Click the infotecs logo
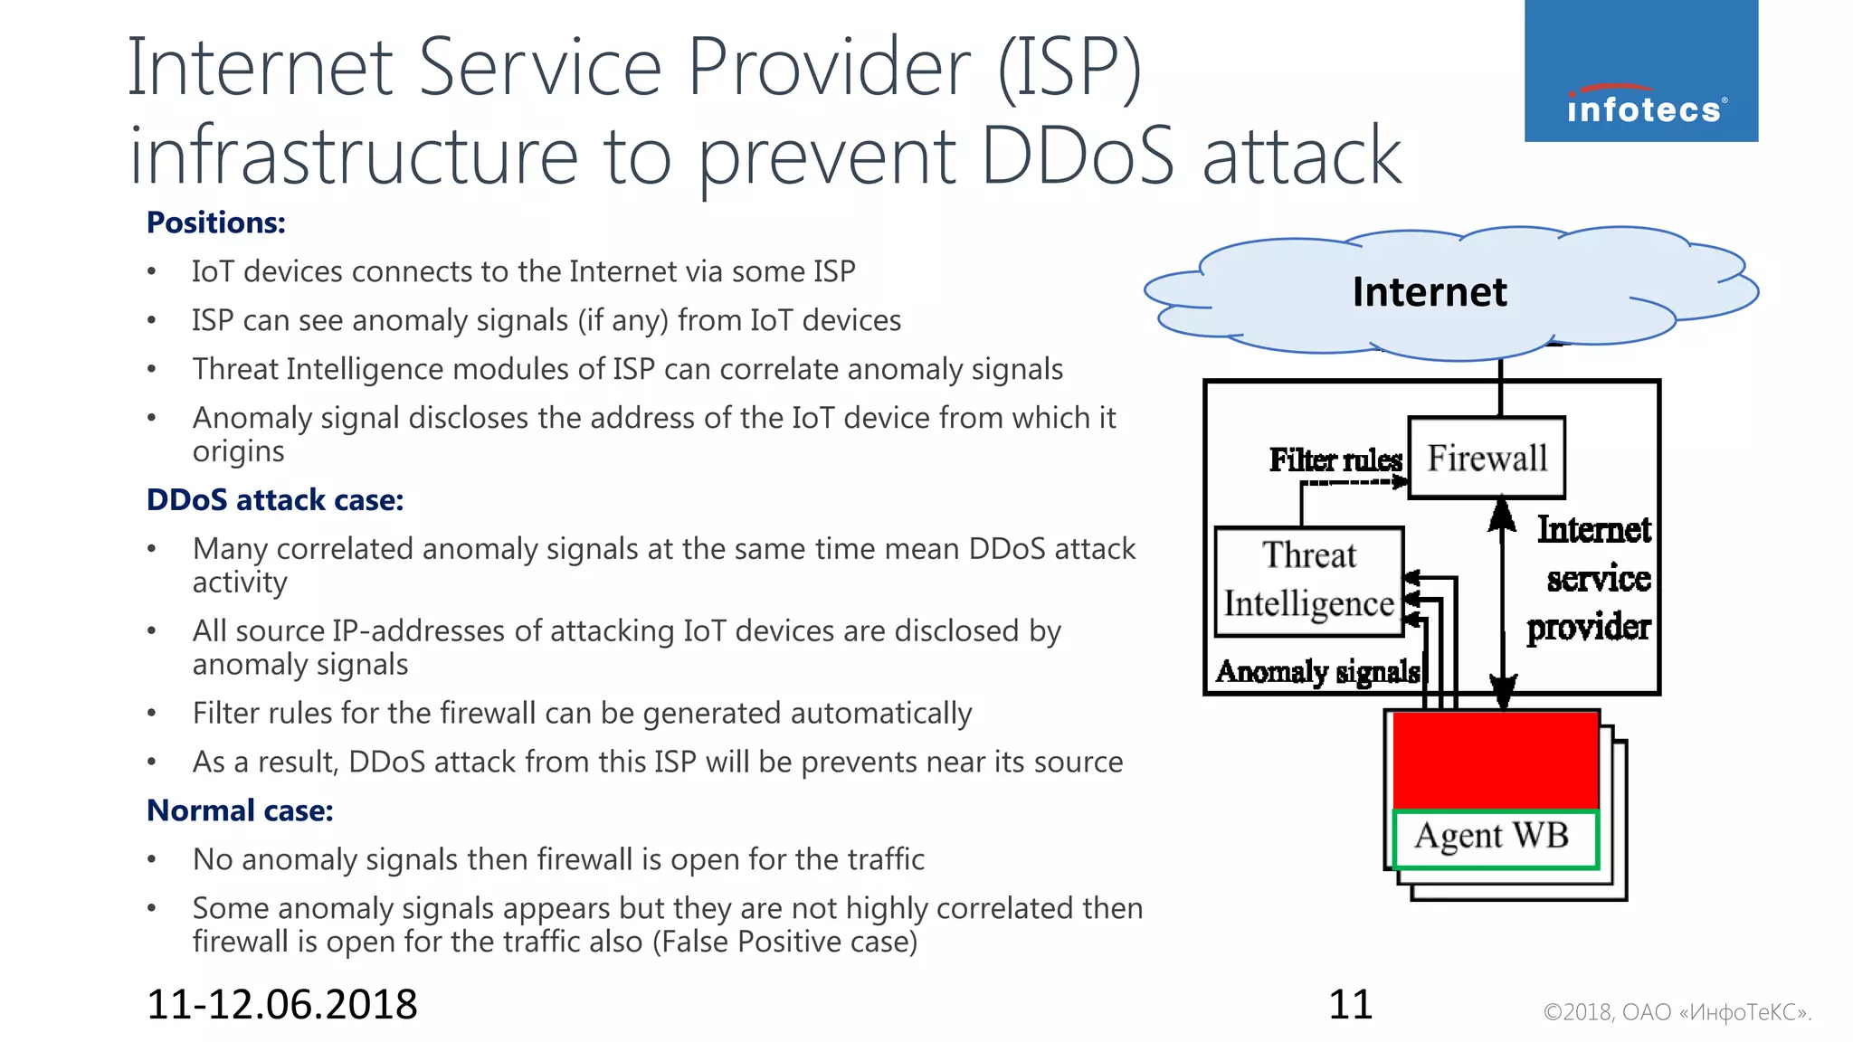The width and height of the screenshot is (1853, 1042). coord(1640,71)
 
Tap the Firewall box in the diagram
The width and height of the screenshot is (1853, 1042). coord(1487,458)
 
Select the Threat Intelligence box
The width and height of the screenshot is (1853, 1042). coord(1308,581)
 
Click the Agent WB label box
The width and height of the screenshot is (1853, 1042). coord(1496,837)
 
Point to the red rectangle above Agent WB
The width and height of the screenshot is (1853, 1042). coord(1496,760)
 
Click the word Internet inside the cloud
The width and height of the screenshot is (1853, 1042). coord(1429,292)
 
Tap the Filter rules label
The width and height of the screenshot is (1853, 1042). coord(1335,460)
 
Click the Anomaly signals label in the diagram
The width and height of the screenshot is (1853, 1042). coord(1316,671)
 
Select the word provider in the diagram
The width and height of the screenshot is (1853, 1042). coord(1588,627)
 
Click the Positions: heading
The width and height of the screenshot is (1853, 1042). coord(215,223)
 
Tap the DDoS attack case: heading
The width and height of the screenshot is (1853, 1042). coord(274,500)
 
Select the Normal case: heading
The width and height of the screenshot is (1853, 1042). coord(240,810)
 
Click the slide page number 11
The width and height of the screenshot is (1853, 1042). coord(1350,1005)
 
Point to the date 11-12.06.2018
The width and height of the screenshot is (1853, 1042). coord(281,1005)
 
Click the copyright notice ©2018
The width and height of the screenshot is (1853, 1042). coord(1677,1012)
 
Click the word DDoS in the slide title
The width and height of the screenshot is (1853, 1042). coord(1077,156)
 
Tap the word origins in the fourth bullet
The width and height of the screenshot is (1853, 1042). coord(238,451)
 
